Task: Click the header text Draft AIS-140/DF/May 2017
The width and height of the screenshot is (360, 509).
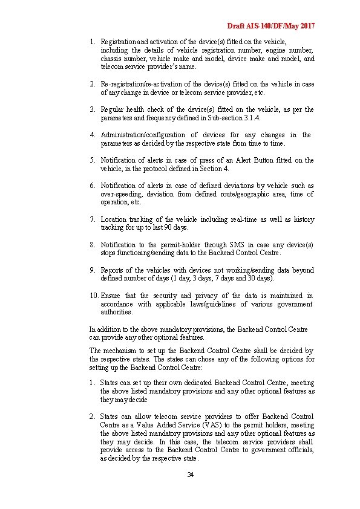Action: pos(270,27)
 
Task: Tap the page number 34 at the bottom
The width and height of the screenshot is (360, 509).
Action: pos(190,475)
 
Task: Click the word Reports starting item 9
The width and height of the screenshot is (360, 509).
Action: pos(111,270)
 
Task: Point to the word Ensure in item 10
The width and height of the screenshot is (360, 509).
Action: pos(111,296)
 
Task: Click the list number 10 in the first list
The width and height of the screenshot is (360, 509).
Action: pos(93,296)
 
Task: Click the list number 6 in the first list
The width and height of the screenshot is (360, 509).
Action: pos(93,186)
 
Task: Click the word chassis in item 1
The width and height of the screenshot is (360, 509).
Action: pos(111,59)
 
